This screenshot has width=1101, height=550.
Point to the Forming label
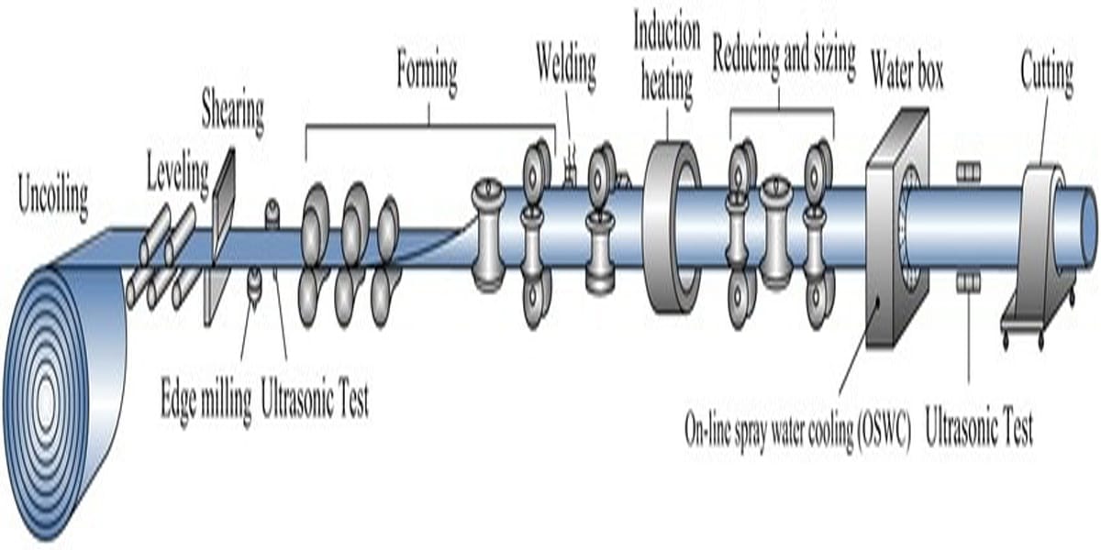(427, 72)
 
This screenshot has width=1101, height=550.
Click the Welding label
(566, 66)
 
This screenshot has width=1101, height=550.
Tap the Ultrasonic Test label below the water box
(979, 427)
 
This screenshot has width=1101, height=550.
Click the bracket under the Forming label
(429, 126)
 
